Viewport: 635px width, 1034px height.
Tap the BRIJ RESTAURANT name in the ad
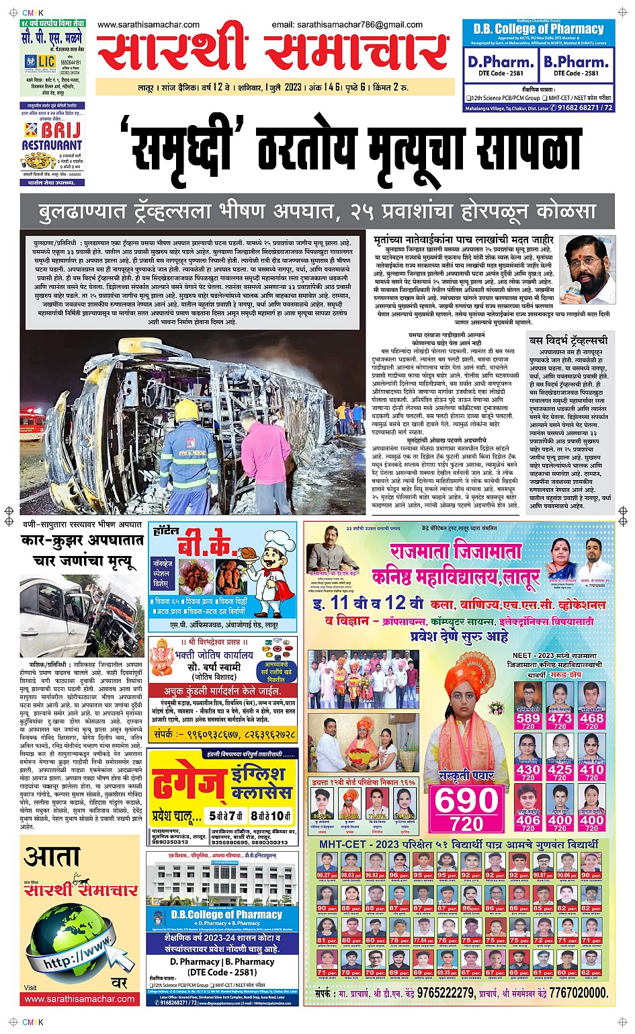52,136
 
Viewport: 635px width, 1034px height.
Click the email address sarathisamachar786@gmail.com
347,25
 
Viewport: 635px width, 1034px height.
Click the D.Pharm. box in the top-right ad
501,65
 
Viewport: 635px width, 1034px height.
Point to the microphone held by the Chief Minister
574,288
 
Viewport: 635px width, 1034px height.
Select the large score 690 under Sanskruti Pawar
466,801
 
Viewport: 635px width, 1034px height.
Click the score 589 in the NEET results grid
528,718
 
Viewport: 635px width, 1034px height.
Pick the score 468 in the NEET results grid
591,718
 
